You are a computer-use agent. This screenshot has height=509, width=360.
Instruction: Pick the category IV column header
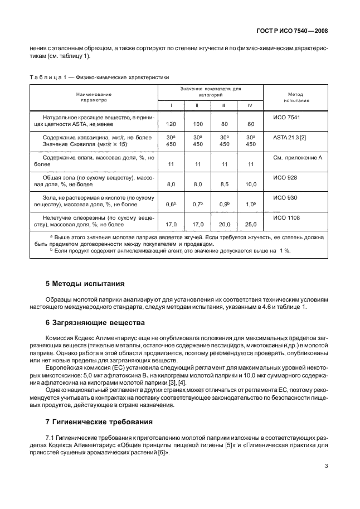tap(251, 105)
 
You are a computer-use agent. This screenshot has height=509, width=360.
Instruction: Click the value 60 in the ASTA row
tap(251, 123)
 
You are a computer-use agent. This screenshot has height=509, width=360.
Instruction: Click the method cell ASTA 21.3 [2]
tap(291, 137)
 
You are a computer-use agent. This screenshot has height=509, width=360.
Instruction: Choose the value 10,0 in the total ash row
tap(251, 183)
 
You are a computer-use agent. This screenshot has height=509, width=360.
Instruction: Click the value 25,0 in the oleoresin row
tap(251, 225)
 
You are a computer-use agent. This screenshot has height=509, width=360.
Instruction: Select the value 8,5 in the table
tap(224, 183)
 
